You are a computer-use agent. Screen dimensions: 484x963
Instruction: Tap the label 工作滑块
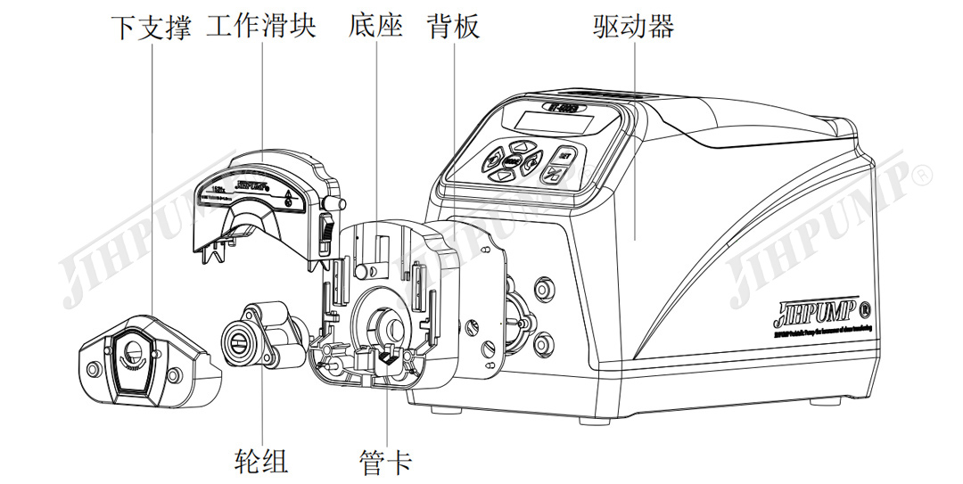pyautogui.click(x=260, y=27)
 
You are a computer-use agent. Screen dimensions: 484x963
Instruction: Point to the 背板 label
pyautogui.click(x=453, y=27)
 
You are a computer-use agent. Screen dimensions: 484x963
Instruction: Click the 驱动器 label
pyautogui.click(x=633, y=27)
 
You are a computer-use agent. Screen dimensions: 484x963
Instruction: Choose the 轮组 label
pyautogui.click(x=261, y=461)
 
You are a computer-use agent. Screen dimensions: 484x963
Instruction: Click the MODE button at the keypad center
pyautogui.click(x=511, y=161)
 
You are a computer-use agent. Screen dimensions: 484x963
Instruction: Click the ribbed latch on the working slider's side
pyautogui.click(x=325, y=234)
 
